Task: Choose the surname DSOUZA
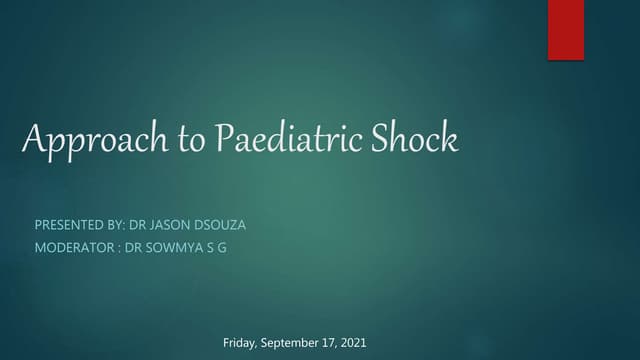pos(224,225)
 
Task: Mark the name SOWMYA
pos(172,248)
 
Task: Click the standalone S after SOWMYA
pos(207,248)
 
